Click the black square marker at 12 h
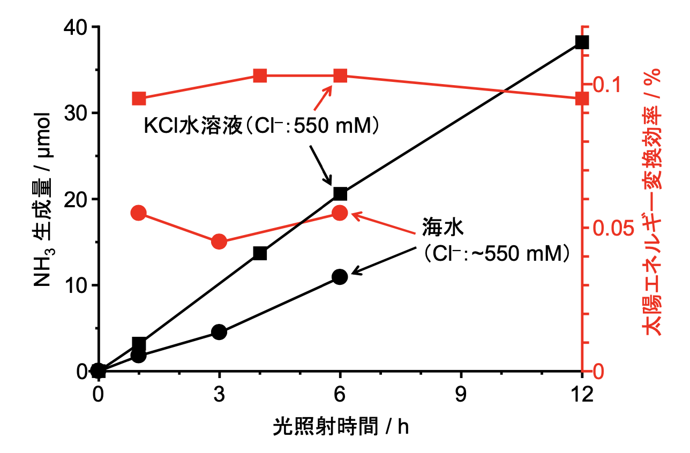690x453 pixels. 582,42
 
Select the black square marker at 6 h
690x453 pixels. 340,193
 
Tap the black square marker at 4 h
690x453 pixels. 260,253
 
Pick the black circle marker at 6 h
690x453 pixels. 340,277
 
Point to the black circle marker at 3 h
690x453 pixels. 219,332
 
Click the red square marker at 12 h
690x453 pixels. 582,99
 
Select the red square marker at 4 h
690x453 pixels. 260,76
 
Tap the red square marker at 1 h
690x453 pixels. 139,99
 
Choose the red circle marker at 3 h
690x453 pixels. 219,241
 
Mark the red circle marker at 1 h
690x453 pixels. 139,213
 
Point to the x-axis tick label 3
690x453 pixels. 219,395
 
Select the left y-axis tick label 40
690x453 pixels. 76,27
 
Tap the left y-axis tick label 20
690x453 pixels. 76,199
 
